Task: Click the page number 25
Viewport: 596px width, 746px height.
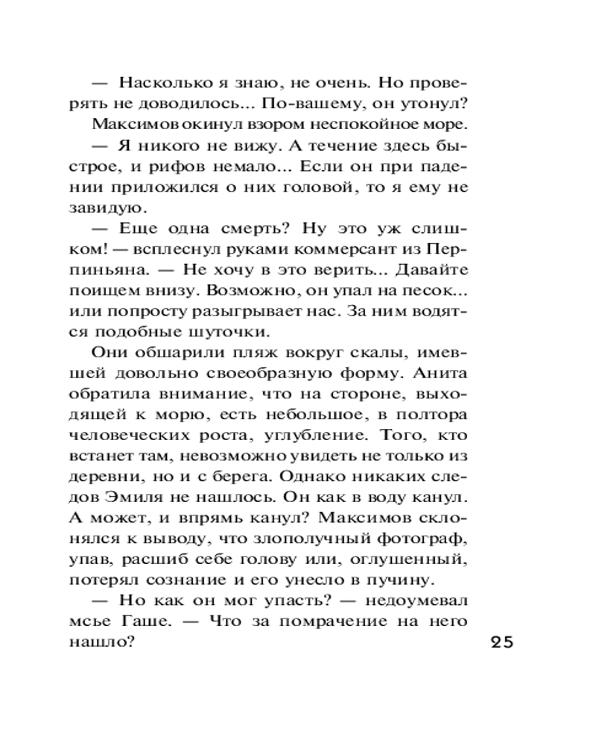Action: [502, 644]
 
